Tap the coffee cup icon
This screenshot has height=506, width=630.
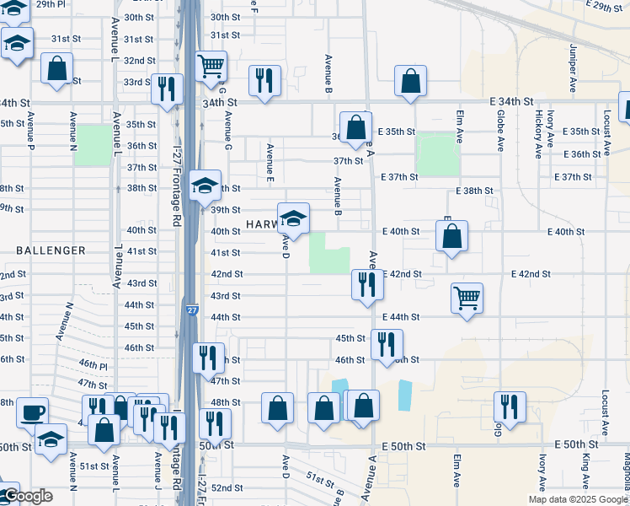[x=33, y=412]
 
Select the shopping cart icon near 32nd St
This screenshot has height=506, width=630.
[x=211, y=66]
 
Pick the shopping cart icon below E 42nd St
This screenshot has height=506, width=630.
[x=467, y=297]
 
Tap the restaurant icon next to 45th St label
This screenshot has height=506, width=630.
[x=387, y=343]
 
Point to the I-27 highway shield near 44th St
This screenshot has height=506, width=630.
[x=192, y=310]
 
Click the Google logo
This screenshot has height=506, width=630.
[x=28, y=496]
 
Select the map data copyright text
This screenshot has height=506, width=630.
[x=577, y=499]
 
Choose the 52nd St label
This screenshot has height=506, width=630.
[x=226, y=487]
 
